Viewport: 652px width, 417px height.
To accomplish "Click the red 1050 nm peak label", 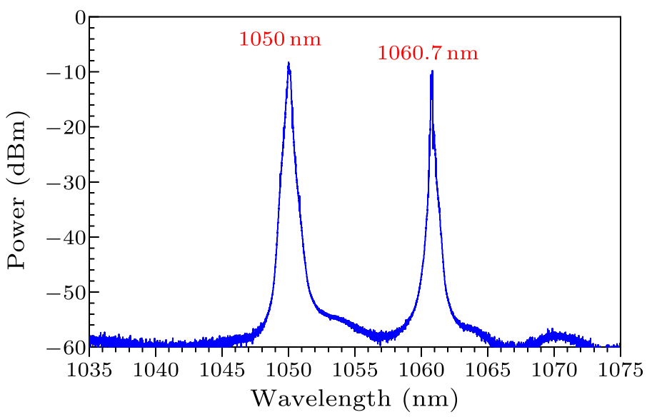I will (280, 39).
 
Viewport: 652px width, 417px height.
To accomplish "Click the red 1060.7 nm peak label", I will (427, 53).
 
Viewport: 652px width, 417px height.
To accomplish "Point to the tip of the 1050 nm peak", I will (289, 63).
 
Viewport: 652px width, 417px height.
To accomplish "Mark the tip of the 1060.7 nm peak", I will (432, 71).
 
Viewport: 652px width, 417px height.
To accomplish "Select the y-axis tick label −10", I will (66, 72).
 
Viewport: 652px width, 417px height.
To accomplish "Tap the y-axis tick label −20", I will (66, 127).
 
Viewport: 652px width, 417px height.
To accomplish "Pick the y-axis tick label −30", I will (66, 182).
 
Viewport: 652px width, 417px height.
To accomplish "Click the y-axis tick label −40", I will (66, 237).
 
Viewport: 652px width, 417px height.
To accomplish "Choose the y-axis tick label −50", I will (66, 292).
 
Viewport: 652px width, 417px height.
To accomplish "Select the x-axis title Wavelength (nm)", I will (353, 398).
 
